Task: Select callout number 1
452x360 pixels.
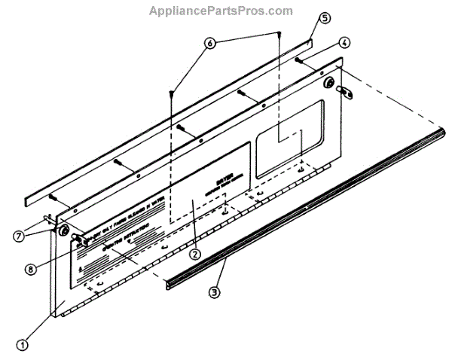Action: (23, 346)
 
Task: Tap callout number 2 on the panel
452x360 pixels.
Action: (194, 254)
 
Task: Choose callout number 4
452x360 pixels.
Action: (342, 43)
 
